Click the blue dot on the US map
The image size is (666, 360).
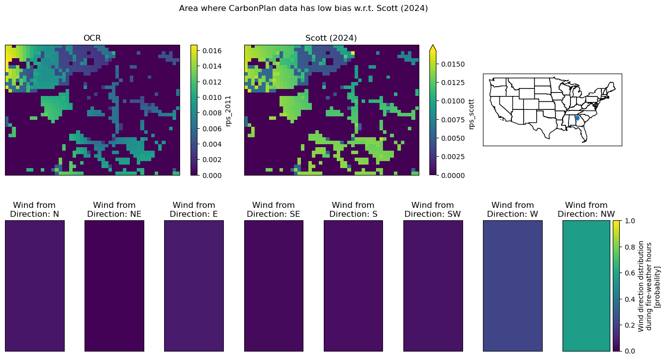click(577, 118)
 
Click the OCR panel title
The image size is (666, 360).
click(92, 38)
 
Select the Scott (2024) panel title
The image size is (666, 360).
click(331, 38)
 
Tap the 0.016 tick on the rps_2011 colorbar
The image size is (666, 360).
click(212, 51)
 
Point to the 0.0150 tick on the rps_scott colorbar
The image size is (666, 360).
click(453, 64)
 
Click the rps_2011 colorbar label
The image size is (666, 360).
click(228, 111)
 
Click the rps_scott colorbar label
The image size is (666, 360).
click(471, 114)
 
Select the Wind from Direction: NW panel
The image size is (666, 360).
click(586, 286)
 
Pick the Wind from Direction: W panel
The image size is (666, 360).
click(513, 286)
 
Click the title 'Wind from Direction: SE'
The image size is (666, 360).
click(274, 209)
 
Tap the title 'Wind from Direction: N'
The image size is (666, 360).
click(34, 209)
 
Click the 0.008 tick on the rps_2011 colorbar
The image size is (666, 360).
click(212, 113)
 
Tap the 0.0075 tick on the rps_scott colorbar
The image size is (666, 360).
click(453, 120)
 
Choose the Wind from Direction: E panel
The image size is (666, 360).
click(194, 286)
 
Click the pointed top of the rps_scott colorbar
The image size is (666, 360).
click(433, 45)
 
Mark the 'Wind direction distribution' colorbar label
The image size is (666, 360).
click(641, 286)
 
